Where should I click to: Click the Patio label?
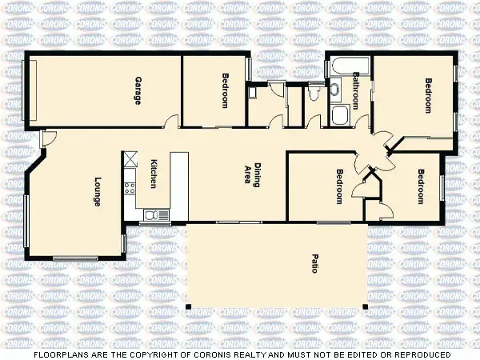pos(314,263)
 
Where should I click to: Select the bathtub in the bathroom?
pos(345,67)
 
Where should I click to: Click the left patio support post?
pos(188,306)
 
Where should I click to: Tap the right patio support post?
pos(366,306)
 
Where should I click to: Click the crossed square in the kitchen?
pos(128,158)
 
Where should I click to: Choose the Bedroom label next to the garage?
pos(225,91)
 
